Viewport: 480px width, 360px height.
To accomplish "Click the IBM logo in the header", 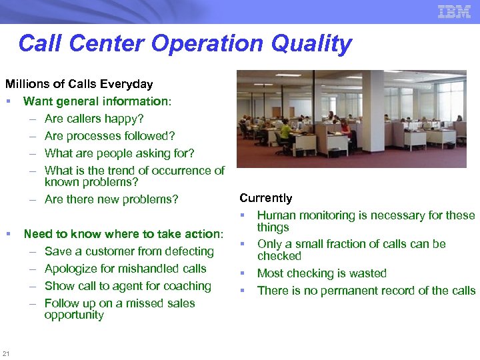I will pos(454,11).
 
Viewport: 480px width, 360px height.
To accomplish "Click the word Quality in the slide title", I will pos(311,43).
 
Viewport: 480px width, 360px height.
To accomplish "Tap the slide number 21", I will pos(6,353).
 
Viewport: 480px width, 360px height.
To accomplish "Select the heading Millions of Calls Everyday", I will pos(79,84).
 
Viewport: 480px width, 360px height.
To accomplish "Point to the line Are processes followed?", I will pos(109,136).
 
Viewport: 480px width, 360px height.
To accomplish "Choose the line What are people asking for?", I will pos(119,153).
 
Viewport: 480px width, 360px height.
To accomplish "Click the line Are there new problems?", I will pos(111,199).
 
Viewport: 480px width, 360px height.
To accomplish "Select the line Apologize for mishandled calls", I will pos(125,269).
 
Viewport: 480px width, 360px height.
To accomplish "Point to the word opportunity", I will pos(74,315).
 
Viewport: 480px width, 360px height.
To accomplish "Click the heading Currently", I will pos(266,198).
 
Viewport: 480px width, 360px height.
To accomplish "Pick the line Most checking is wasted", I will pos(321,273).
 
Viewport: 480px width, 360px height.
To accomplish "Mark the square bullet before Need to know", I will pos(8,234).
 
